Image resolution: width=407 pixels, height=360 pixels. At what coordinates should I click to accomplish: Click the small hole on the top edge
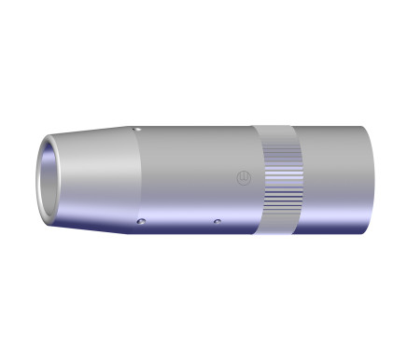click(137, 129)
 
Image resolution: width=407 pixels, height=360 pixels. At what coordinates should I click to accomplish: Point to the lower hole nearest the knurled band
click(216, 222)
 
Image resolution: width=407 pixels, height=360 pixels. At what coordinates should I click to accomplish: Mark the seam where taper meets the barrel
click(132, 177)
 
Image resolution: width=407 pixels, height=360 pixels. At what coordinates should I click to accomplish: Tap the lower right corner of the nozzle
click(364, 231)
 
